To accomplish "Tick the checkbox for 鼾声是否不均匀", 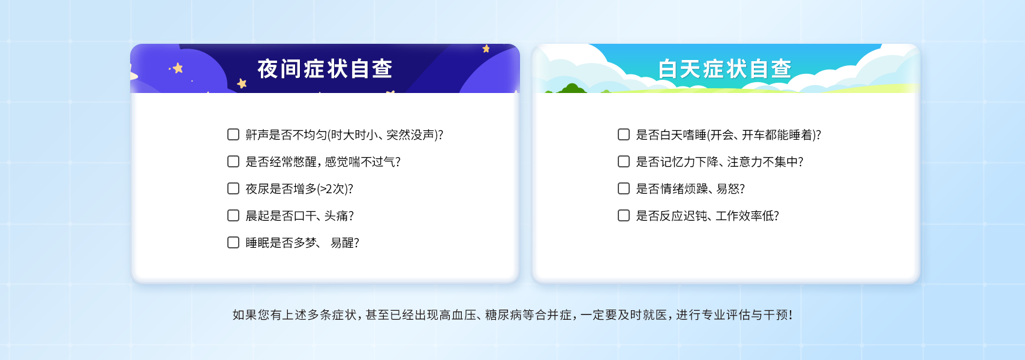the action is [x=233, y=134].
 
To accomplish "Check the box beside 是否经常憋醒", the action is [x=233, y=161].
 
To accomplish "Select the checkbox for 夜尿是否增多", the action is [x=233, y=189].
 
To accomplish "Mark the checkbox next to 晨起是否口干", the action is [x=233, y=216].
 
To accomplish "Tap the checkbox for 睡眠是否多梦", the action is [x=233, y=243].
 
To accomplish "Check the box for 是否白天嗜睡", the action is [x=624, y=134].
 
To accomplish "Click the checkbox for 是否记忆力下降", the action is [x=624, y=161].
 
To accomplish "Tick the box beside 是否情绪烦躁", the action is [x=624, y=189].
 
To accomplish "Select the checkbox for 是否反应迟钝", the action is [x=624, y=216].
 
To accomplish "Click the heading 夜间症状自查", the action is [x=325, y=69].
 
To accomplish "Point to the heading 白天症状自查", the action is [x=725, y=69].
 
